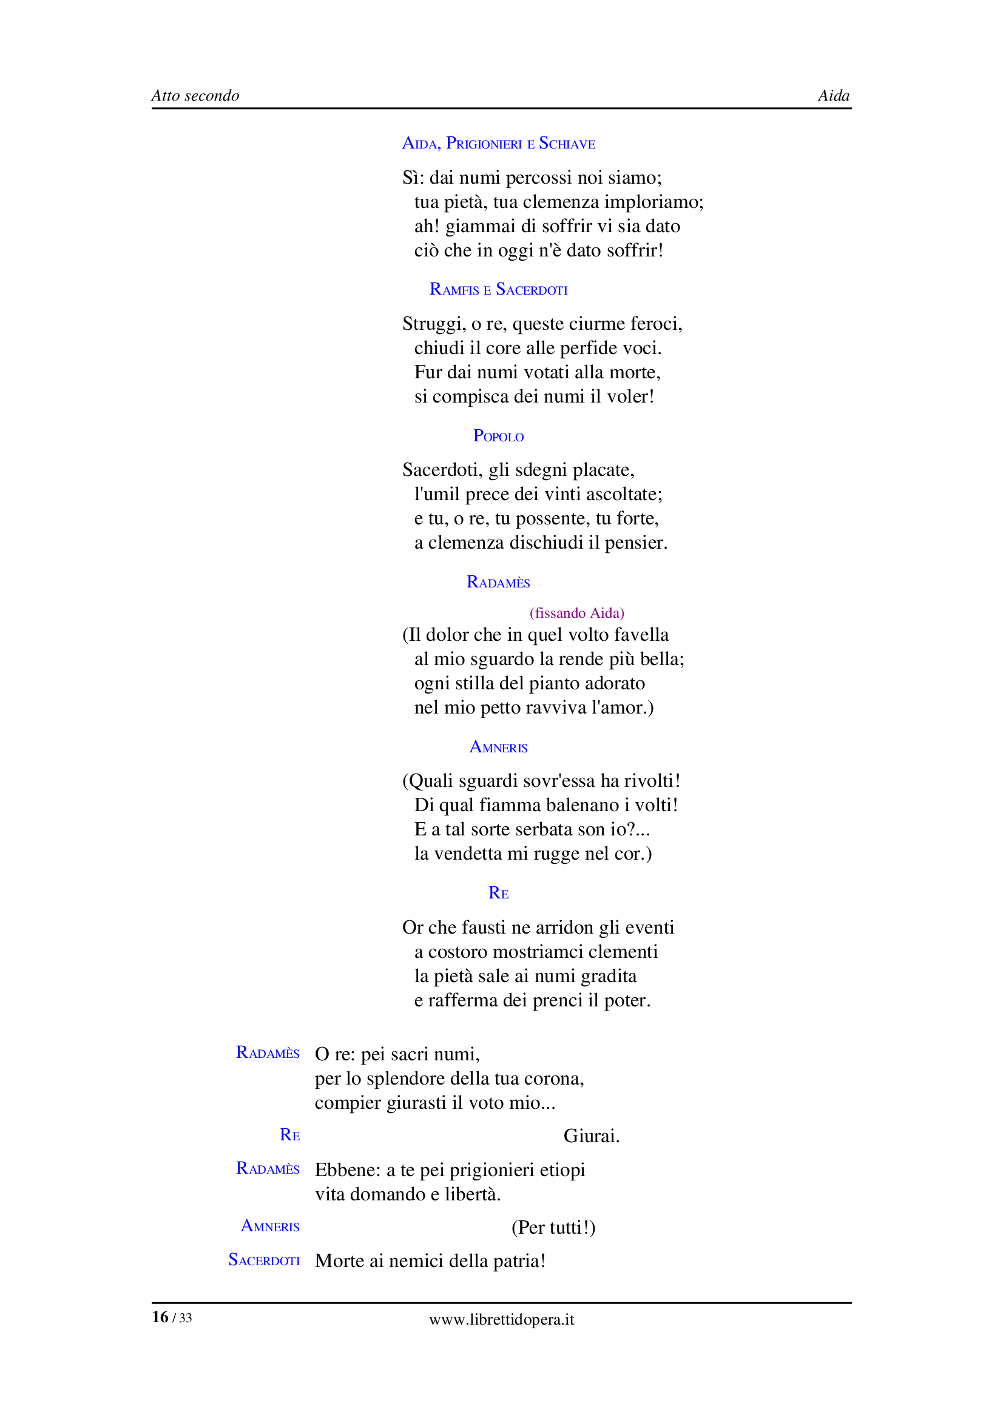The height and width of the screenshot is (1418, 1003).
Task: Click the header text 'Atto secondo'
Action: tap(195, 96)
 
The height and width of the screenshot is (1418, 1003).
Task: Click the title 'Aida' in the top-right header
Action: tap(833, 96)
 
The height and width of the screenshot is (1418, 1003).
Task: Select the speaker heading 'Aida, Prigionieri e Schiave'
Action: tap(498, 143)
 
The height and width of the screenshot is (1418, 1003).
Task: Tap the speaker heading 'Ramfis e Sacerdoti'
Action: tap(498, 289)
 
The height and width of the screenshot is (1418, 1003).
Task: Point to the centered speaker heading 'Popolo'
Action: tap(498, 436)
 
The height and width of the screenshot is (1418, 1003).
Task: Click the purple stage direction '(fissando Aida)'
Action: tap(576, 613)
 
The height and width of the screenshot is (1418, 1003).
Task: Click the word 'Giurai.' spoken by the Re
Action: tap(591, 1135)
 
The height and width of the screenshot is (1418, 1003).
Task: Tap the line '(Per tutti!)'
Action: tap(553, 1227)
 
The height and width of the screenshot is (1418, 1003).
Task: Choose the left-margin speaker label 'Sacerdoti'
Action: tap(264, 1260)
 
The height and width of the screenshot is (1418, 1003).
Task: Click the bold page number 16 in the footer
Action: tap(160, 1317)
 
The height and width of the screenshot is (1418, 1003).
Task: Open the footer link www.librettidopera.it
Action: tap(501, 1320)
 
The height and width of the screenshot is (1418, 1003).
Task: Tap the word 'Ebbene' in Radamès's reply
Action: tap(346, 1169)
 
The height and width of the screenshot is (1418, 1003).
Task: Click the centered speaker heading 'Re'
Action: tap(498, 893)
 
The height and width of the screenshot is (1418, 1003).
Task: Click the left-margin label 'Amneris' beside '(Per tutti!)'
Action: tap(270, 1226)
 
